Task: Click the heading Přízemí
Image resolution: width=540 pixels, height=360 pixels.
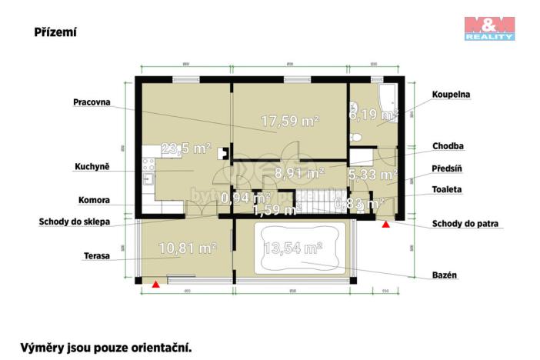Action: click(55, 32)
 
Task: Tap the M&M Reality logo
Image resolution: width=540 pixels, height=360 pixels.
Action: click(489, 28)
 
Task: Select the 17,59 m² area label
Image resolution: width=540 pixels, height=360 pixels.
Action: click(289, 121)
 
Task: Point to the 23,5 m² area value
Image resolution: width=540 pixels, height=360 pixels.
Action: click(186, 148)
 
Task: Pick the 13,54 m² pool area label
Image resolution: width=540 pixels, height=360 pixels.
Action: click(292, 248)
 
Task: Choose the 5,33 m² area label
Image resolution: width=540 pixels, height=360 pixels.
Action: click(372, 175)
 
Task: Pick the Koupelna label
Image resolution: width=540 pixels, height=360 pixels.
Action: click(451, 95)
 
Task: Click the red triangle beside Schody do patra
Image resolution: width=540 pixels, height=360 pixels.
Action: click(386, 224)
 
